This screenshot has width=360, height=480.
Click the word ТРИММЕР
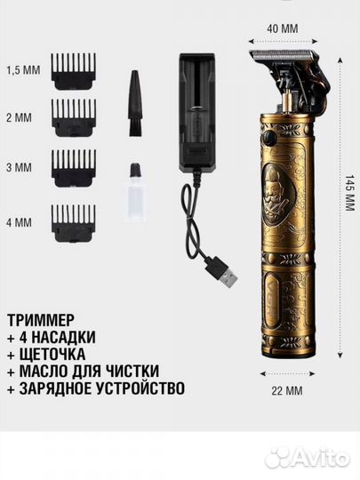coord(44,318)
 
